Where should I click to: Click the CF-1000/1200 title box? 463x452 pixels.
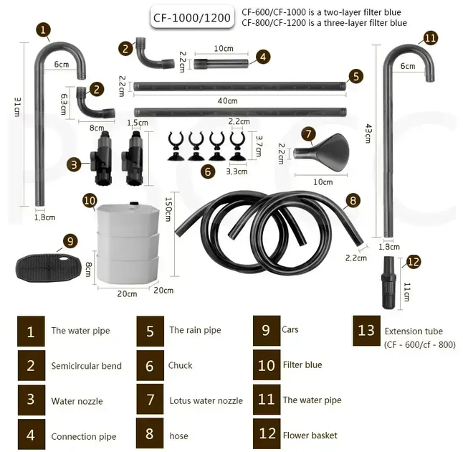pos(191,17)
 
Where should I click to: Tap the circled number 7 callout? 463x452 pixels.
pos(309,134)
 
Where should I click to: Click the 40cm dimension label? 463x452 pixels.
pos(227,101)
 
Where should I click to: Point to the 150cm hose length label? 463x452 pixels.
pos(168,209)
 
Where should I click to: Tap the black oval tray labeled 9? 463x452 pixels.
pos(48,268)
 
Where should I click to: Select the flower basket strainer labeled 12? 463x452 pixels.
pos(388,283)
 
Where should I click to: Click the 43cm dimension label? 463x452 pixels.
pos(368,133)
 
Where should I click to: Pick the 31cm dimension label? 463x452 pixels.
pos(16,107)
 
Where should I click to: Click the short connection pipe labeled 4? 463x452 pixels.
pos(221,63)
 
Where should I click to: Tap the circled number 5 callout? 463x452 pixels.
pos(355,76)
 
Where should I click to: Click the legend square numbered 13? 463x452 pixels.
pos(366,331)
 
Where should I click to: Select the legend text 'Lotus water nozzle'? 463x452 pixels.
pos(206,401)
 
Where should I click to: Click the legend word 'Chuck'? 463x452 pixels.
pos(180,365)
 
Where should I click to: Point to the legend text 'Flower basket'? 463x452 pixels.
pos(310,435)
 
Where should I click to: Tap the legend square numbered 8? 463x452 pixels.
pos(150,433)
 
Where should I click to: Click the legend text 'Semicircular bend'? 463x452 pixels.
pos(86,366)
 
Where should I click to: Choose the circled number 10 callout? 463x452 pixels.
pos(90,201)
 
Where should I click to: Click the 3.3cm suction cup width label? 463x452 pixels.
pos(237,171)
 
